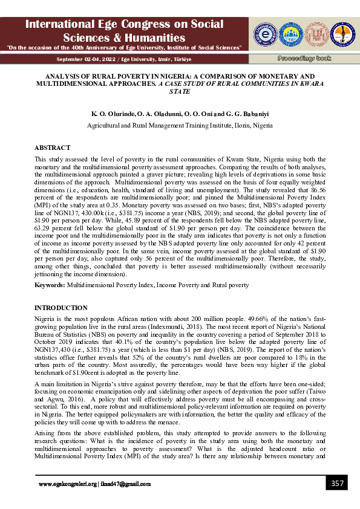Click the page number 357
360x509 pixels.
(x=337, y=483)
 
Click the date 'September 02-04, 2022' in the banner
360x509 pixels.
(x=82, y=59)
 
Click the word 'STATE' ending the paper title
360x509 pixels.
(x=180, y=91)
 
